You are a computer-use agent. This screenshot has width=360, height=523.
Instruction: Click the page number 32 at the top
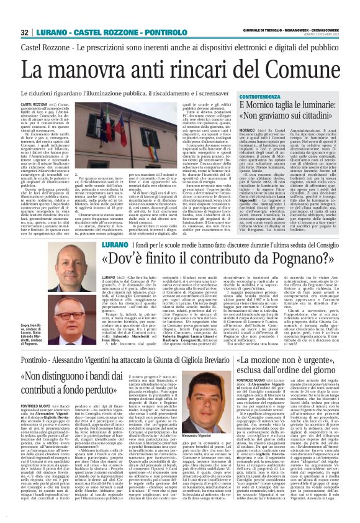(x=25, y=32)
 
